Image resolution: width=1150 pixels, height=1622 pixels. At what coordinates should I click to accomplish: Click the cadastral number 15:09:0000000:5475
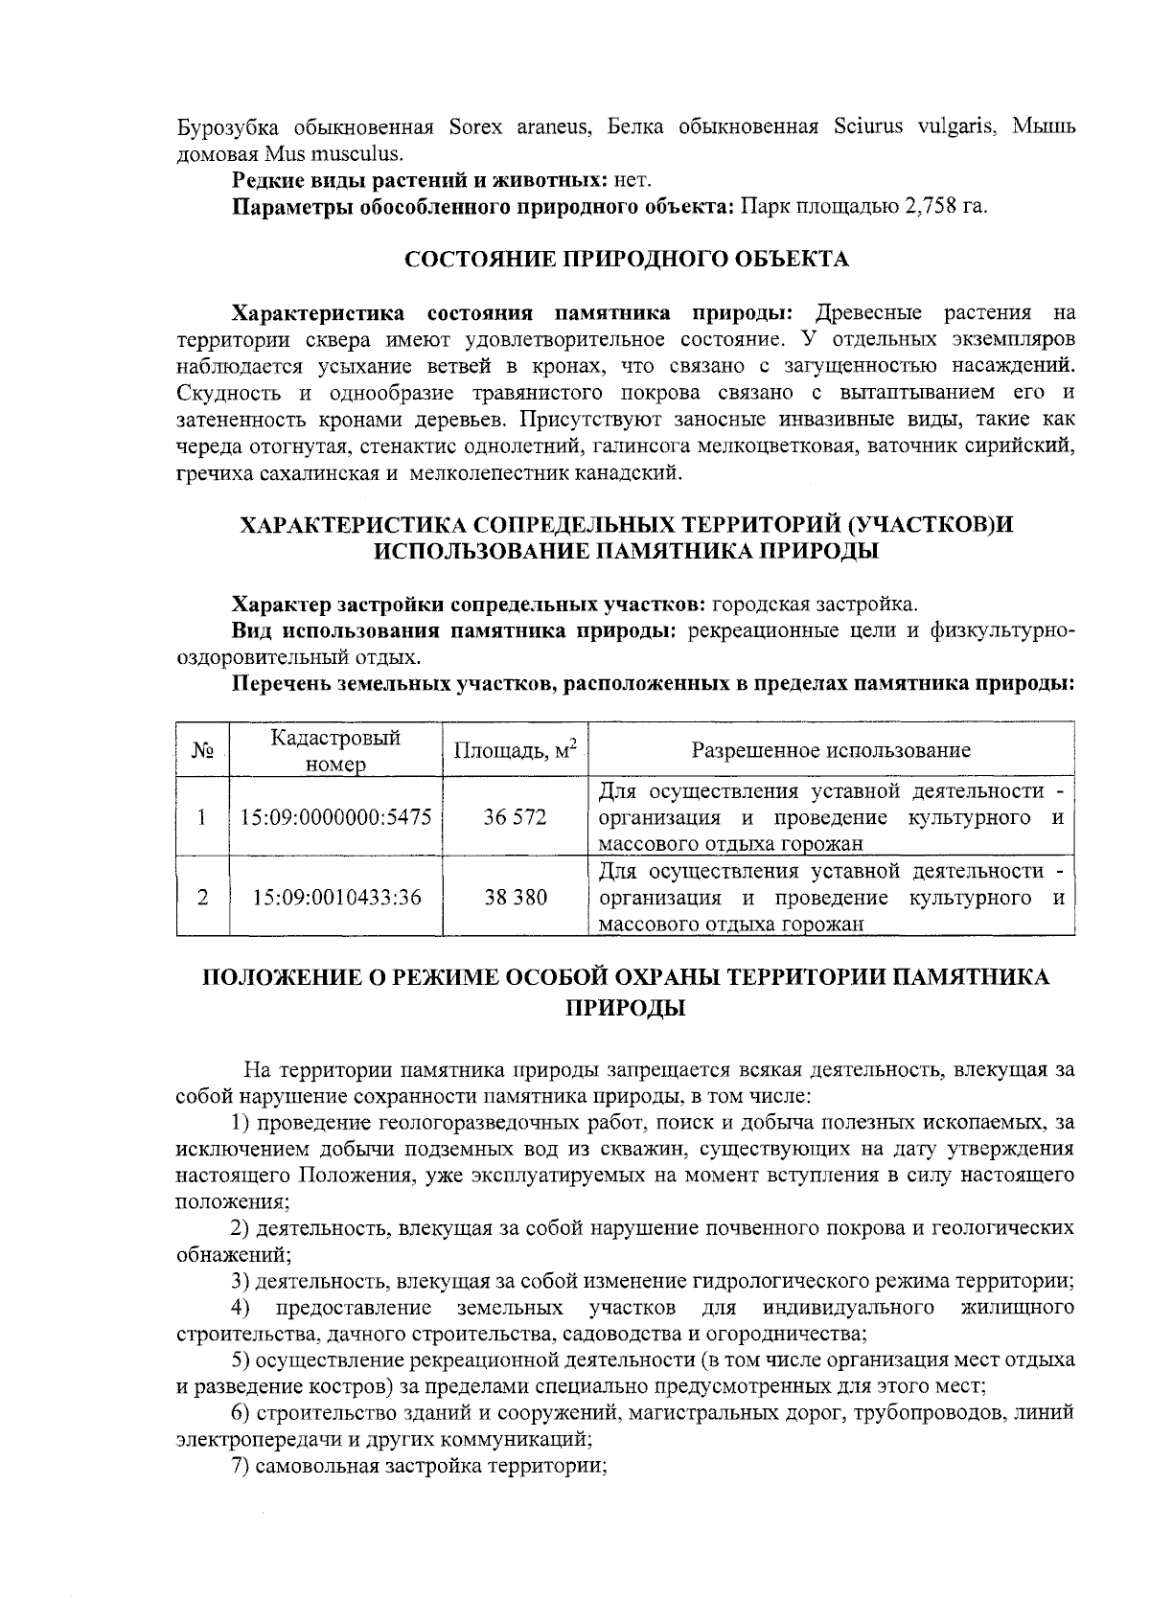pyautogui.click(x=336, y=817)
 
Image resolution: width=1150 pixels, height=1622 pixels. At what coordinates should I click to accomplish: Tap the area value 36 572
pyautogui.click(x=516, y=817)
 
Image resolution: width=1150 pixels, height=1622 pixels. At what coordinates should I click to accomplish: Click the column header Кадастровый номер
pyautogui.click(x=335, y=750)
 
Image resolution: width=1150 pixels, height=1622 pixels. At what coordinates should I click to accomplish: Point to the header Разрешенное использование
pyautogui.click(x=831, y=750)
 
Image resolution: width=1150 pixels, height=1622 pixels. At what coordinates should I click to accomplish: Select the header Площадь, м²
pyautogui.click(x=516, y=749)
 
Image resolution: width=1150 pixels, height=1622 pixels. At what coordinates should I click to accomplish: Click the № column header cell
pyautogui.click(x=202, y=750)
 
